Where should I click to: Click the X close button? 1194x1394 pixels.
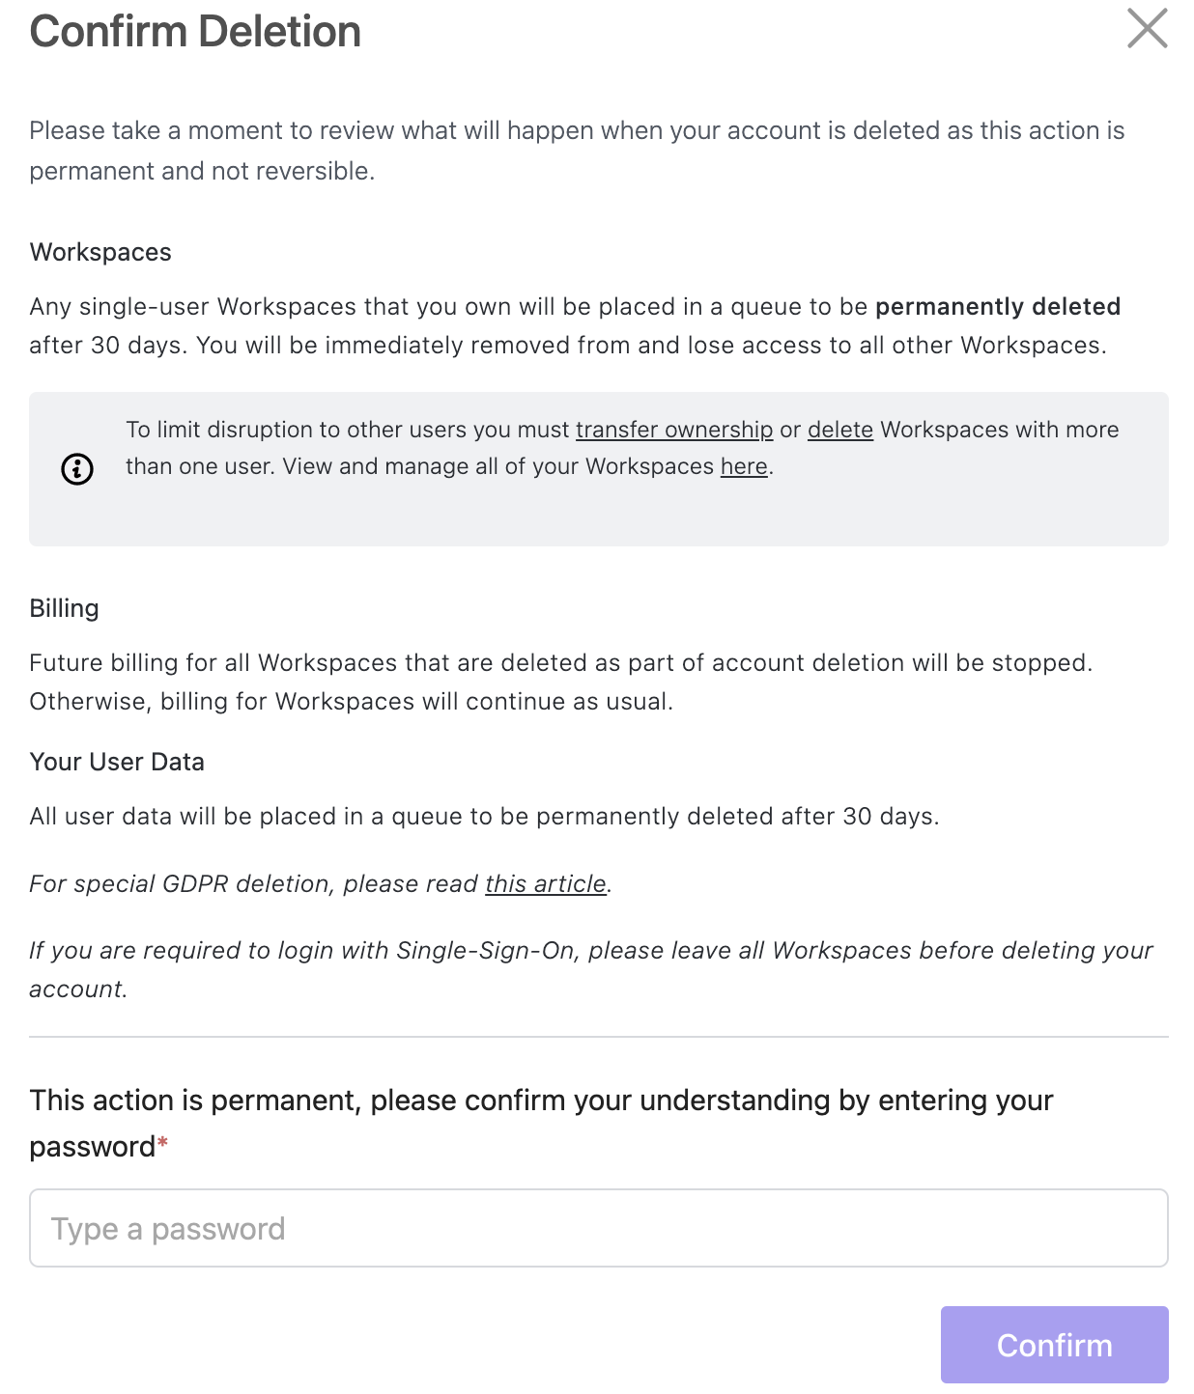tap(1147, 28)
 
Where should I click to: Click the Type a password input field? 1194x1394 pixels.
tap(598, 1228)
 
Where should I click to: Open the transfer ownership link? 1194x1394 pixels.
tap(674, 430)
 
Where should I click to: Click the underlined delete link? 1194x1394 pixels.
tap(839, 430)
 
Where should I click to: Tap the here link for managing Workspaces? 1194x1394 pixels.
tap(744, 466)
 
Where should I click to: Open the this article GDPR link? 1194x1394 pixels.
tap(546, 883)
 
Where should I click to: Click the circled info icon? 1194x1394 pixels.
tap(77, 469)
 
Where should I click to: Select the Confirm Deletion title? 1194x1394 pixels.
tap(195, 32)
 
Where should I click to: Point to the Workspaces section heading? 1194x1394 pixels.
tap(100, 252)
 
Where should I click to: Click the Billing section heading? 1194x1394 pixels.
tap(65, 608)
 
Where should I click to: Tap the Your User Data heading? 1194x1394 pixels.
tap(117, 762)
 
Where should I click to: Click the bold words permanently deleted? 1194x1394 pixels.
tap(998, 306)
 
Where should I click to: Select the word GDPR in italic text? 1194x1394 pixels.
tap(195, 883)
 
